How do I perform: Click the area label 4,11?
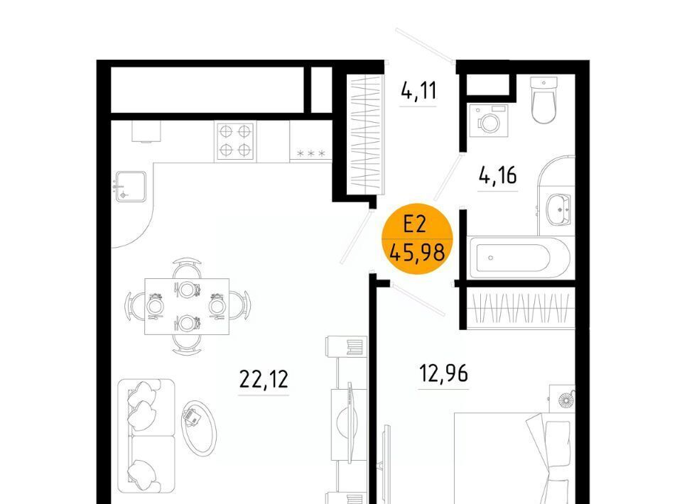click(418, 91)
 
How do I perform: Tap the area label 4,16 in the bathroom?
click(497, 175)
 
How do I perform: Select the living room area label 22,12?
click(264, 379)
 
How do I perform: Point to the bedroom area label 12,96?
click(443, 373)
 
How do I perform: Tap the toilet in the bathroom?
click(543, 100)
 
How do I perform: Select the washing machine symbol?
click(489, 121)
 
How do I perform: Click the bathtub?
click(520, 258)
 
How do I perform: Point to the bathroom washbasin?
click(558, 209)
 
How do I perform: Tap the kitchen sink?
click(130, 187)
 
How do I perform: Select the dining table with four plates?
click(187, 307)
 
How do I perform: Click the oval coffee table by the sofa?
click(199, 428)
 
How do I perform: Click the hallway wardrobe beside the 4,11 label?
click(365, 134)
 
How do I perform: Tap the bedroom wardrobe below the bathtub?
click(521, 308)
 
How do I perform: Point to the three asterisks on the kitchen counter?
click(311, 153)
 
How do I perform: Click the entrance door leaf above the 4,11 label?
click(425, 44)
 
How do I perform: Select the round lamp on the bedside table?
click(565, 399)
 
